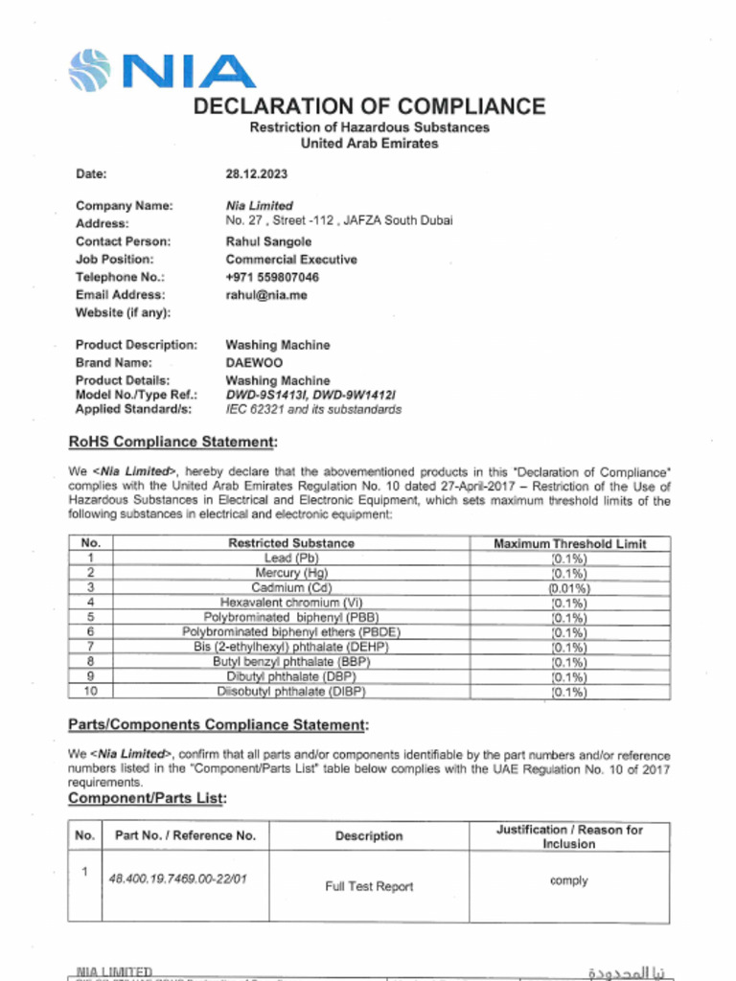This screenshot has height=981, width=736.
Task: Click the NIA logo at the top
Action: (161, 71)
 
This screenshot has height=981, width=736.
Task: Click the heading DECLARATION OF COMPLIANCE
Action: (369, 106)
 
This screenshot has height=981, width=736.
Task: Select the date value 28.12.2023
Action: (256, 174)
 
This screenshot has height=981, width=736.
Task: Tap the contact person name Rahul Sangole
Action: (268, 241)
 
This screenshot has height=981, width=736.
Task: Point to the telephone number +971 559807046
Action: (272, 278)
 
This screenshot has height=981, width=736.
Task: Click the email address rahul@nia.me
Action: (266, 295)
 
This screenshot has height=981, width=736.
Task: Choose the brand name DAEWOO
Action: (254, 363)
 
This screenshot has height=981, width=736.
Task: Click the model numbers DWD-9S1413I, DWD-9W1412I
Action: (310, 395)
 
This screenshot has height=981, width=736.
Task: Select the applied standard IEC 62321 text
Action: (313, 409)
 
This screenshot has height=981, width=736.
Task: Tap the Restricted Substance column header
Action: (291, 543)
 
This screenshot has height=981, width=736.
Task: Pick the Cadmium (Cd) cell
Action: (291, 587)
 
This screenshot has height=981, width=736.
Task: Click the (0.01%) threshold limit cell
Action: (569, 588)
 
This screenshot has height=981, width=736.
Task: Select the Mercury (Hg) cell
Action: (291, 573)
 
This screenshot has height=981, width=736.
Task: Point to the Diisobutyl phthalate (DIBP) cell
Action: (291, 691)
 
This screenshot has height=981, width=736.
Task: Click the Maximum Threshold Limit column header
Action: (569, 543)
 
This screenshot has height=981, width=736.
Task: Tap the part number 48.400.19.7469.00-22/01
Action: (177, 878)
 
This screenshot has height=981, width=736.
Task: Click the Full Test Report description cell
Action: (369, 887)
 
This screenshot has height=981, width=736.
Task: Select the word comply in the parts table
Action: (569, 880)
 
